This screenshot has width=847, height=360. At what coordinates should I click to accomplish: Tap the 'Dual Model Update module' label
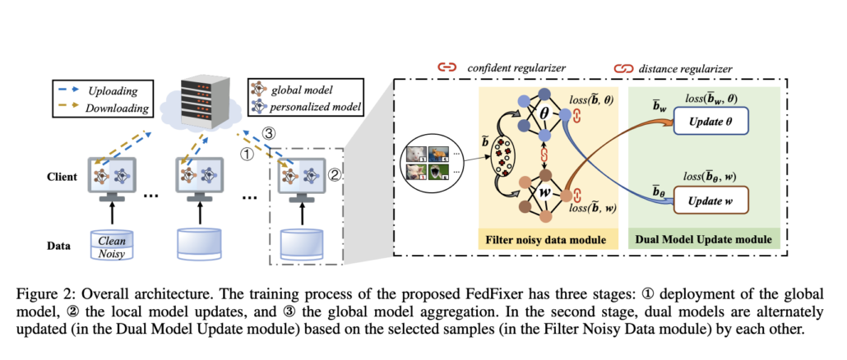[704, 241]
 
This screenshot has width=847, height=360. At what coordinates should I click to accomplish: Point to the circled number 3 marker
[279, 133]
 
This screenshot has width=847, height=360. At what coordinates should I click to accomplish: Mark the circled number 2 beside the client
[334, 175]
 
